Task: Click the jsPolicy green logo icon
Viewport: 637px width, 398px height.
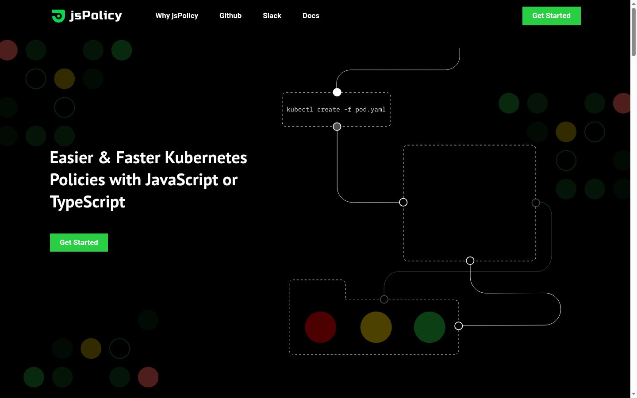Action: click(x=58, y=15)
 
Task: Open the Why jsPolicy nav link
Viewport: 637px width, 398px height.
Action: click(x=177, y=15)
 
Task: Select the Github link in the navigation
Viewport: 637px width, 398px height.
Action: click(x=230, y=15)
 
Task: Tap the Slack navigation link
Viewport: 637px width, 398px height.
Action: click(x=272, y=15)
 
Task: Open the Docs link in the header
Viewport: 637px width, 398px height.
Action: click(x=311, y=15)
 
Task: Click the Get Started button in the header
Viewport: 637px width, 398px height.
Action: click(x=551, y=16)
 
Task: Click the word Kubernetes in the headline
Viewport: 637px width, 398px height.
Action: click(x=206, y=157)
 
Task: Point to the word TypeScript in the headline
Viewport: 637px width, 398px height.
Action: click(x=87, y=202)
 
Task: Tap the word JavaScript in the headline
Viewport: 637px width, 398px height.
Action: click(x=182, y=180)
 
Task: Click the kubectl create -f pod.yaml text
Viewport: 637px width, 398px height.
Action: click(x=336, y=110)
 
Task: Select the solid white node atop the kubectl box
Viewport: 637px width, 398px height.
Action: click(x=337, y=92)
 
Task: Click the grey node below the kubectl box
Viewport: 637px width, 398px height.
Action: click(x=337, y=126)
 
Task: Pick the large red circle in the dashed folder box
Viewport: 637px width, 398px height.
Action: click(x=320, y=327)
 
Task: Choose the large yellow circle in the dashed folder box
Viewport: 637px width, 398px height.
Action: click(x=376, y=327)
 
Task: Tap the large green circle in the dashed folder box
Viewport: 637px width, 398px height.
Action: click(x=430, y=327)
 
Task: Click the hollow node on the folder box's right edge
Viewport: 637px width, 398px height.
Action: click(x=458, y=326)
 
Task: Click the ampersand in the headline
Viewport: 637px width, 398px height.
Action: click(x=105, y=158)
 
